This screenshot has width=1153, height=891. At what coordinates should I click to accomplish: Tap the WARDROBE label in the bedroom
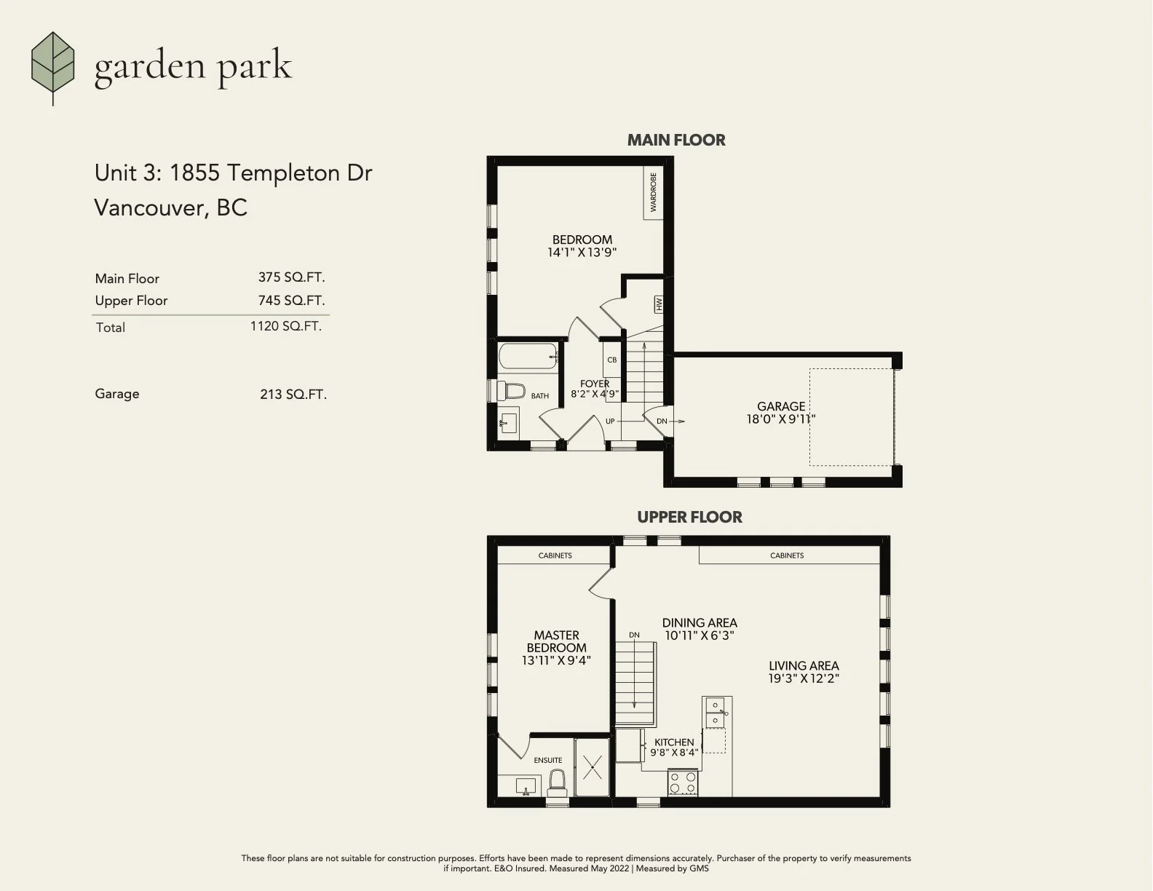(653, 192)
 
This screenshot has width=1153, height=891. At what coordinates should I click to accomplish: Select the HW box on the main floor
(659, 304)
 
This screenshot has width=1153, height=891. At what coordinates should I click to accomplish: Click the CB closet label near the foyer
(611, 360)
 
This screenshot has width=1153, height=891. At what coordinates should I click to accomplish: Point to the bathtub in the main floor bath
(528, 355)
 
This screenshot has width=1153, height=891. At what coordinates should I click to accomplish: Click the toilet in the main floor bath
(510, 392)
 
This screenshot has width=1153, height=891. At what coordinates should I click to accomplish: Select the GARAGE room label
(781, 406)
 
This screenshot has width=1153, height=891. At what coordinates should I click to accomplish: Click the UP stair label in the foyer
(610, 421)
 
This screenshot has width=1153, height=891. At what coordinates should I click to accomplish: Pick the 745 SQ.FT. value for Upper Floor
(291, 301)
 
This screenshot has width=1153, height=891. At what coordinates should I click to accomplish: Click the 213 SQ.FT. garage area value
(293, 395)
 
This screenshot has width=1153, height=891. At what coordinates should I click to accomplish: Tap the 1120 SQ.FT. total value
(286, 326)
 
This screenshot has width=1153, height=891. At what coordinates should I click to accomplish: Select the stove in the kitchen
(682, 783)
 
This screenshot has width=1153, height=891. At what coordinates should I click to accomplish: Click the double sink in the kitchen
(716, 713)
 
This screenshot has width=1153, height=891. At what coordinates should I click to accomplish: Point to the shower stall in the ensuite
(592, 767)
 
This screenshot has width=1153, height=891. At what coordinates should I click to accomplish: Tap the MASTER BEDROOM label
(556, 641)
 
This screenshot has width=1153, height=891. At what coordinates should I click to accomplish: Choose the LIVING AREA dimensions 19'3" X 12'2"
(804, 678)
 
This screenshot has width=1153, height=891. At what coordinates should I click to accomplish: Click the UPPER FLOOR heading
(689, 517)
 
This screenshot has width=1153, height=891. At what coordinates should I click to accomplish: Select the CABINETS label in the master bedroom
(555, 555)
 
